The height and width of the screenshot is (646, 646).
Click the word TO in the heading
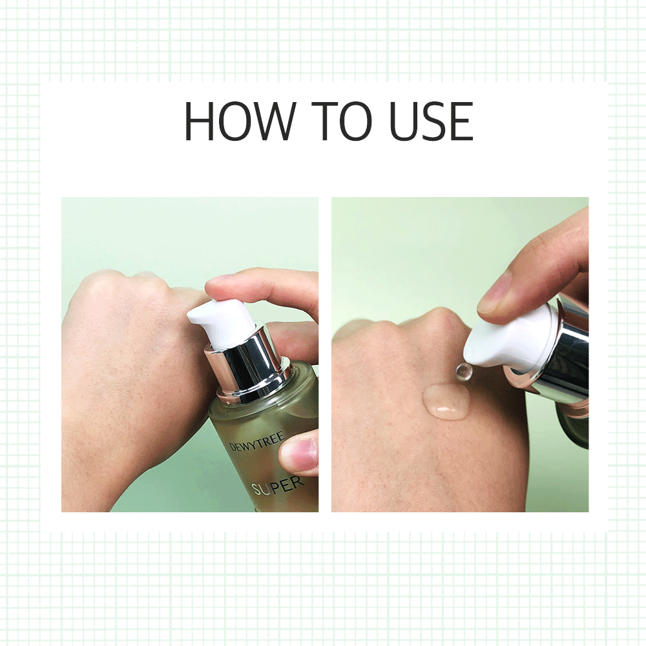(x=342, y=121)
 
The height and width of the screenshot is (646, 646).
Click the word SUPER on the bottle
(x=278, y=486)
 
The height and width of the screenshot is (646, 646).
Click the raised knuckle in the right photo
(x=436, y=319)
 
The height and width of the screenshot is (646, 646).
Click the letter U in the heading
(x=403, y=121)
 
